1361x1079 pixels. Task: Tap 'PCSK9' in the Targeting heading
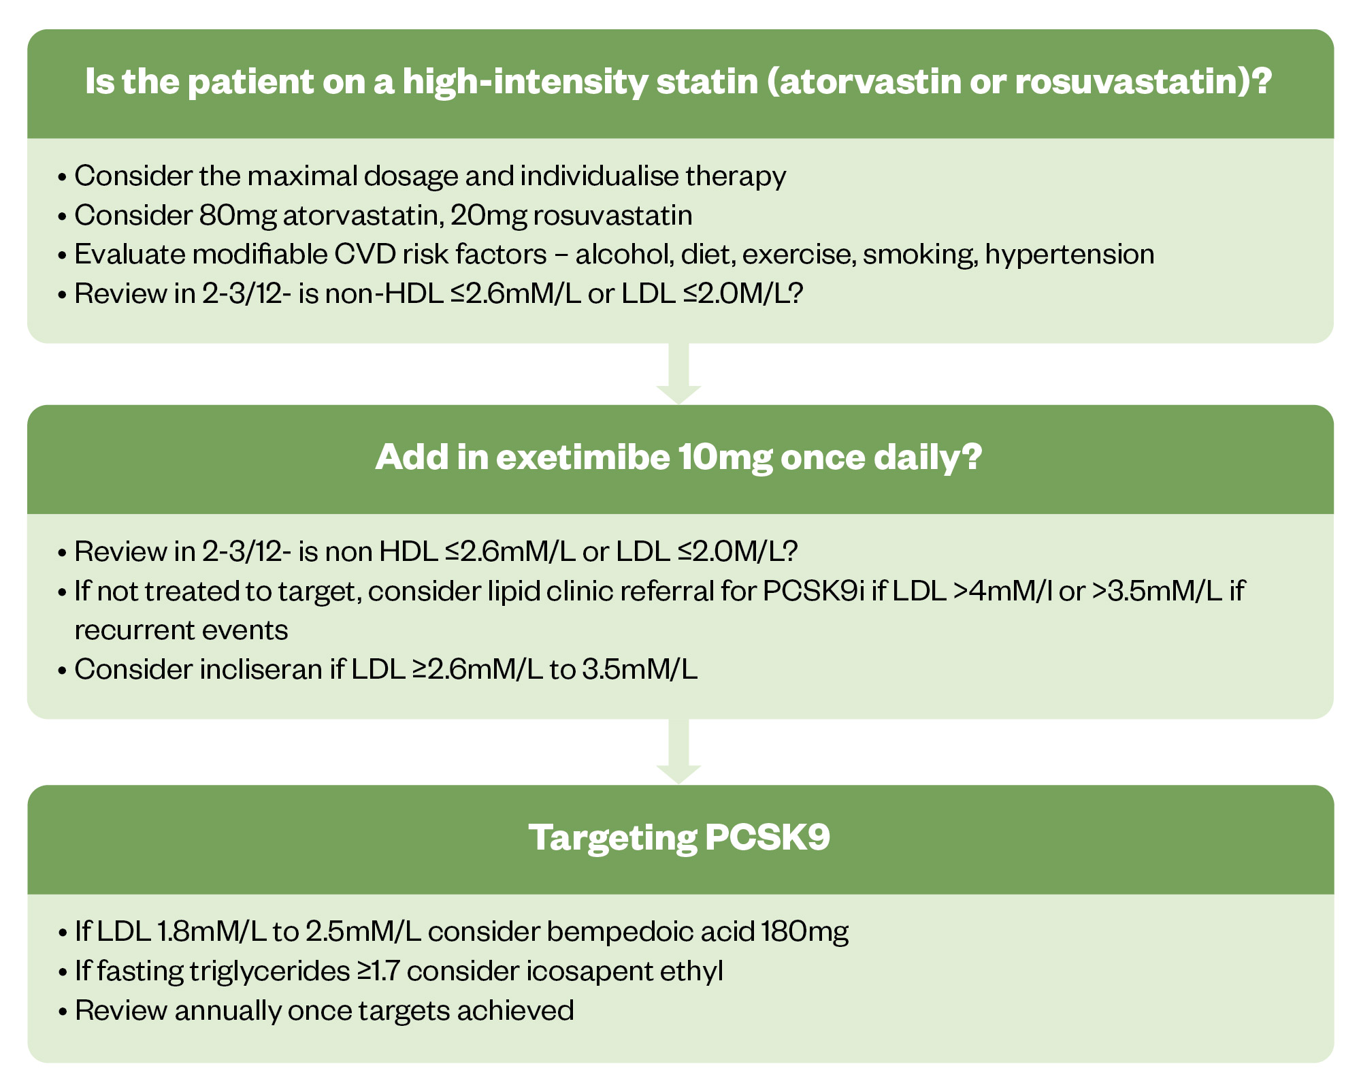pos(768,837)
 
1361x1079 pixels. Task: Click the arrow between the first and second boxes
pos(678,374)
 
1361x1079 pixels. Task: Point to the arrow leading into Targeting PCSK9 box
pos(678,752)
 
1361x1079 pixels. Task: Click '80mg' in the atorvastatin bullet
pos(238,215)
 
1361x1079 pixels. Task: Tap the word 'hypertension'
pos(1070,255)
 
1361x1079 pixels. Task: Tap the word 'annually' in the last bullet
pos(227,1011)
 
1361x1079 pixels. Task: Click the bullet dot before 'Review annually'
pos(63,1012)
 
